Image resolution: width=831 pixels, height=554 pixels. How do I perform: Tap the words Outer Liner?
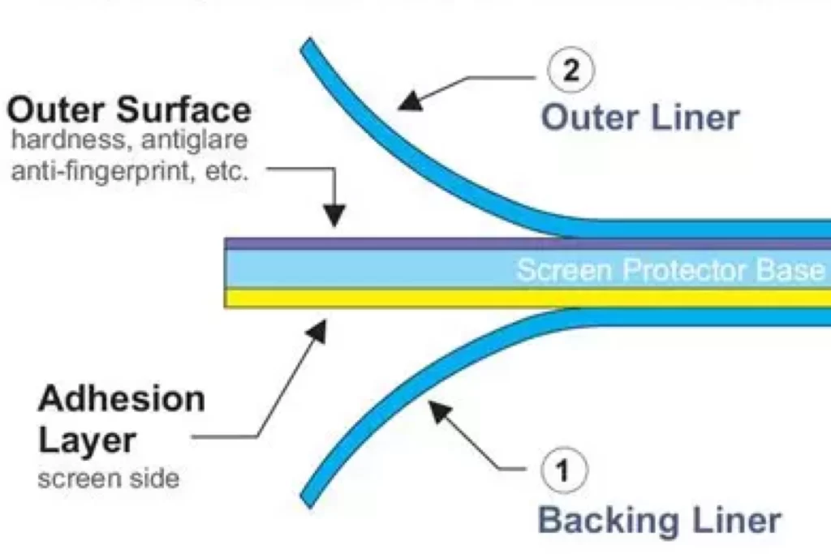coord(640,118)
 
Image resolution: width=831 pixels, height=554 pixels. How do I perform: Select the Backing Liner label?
coord(660,520)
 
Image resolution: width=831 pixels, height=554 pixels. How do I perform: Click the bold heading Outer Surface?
coord(128,110)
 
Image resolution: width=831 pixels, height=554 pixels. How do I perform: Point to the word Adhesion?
coord(122,399)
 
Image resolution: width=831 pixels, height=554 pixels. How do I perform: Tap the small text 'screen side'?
coord(108,479)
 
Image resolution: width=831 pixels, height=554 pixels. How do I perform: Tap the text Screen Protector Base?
coord(670,269)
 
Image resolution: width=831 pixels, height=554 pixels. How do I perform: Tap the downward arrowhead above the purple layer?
coord(334,214)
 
